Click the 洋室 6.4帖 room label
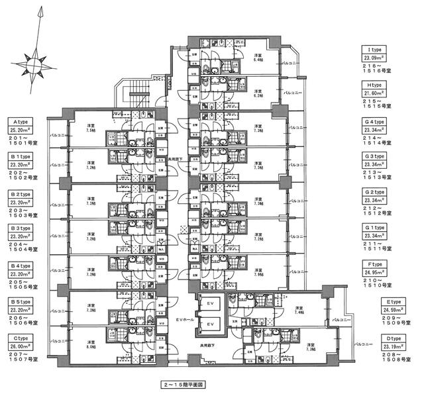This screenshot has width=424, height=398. [258, 59]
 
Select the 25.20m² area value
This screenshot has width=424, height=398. [21, 131]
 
